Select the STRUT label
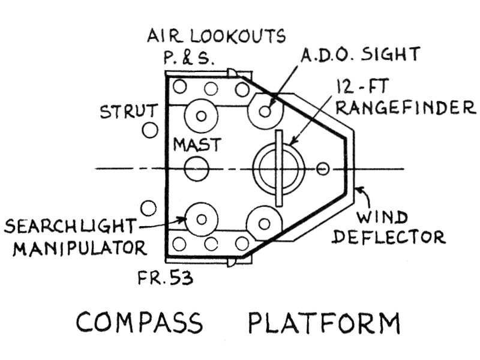coord(129,112)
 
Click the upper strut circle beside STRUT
coord(149,129)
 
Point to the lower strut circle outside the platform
coord(149,208)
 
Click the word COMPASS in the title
coord(139,323)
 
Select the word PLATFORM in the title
coord(324,323)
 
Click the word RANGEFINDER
coord(406,108)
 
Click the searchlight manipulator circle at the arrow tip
coord(200,219)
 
